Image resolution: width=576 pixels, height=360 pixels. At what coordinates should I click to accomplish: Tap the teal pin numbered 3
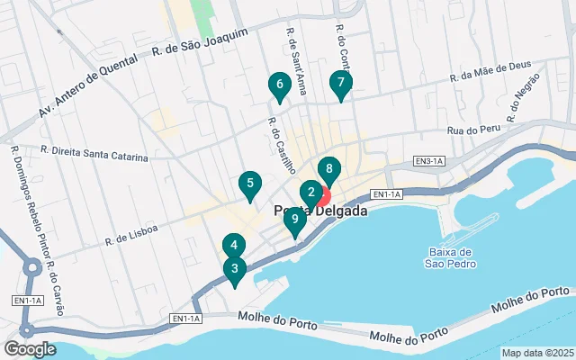234,268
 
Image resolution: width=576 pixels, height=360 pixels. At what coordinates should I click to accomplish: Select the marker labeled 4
233,245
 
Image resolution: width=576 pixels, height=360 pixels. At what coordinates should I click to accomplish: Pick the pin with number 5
249,184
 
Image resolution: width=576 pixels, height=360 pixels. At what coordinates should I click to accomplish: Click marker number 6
279,85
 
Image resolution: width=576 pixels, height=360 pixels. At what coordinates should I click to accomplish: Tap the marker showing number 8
329,168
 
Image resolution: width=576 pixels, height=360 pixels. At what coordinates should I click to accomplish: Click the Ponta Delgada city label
319,211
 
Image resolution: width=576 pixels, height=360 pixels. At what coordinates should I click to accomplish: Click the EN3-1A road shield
429,161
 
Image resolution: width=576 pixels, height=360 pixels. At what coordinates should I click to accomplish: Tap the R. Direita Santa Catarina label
94,154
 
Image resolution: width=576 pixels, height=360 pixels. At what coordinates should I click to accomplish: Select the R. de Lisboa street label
131,235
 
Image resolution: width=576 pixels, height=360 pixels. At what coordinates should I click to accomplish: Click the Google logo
30,348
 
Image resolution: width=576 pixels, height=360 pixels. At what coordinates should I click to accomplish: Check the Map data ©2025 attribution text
536,353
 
